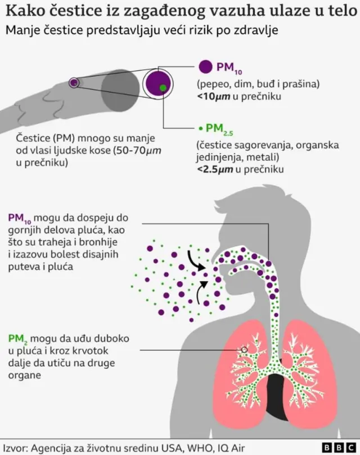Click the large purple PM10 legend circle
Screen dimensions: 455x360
click(205, 66)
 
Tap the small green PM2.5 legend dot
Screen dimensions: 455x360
click(201, 128)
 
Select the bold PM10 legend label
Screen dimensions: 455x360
click(228, 67)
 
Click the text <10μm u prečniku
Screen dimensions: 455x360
click(238, 97)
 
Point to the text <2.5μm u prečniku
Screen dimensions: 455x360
click(240, 169)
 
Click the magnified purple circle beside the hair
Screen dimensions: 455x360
click(158, 83)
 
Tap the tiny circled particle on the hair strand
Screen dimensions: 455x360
click(73, 83)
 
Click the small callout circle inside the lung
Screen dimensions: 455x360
click(245, 349)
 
